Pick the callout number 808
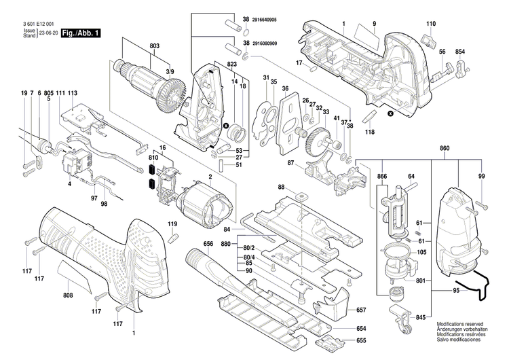[x=68, y=295]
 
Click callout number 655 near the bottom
[x=361, y=340]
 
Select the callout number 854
[x=459, y=52]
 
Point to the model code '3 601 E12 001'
[x=31, y=23]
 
